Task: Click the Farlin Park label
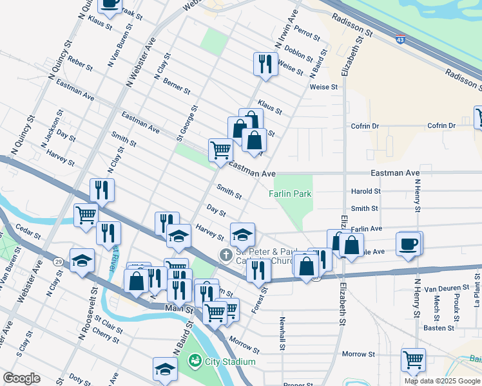click(290, 193)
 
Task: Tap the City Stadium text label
click(230, 362)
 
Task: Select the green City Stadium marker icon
click(194, 362)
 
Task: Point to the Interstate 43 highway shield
click(401, 39)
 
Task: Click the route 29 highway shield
click(58, 262)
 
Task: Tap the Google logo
click(21, 378)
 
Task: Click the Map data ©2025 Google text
click(441, 381)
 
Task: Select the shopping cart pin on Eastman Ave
click(220, 150)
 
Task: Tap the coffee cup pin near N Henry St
click(410, 244)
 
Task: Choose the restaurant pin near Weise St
click(265, 63)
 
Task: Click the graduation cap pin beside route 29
click(82, 261)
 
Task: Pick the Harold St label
click(365, 191)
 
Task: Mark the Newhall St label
click(282, 333)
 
